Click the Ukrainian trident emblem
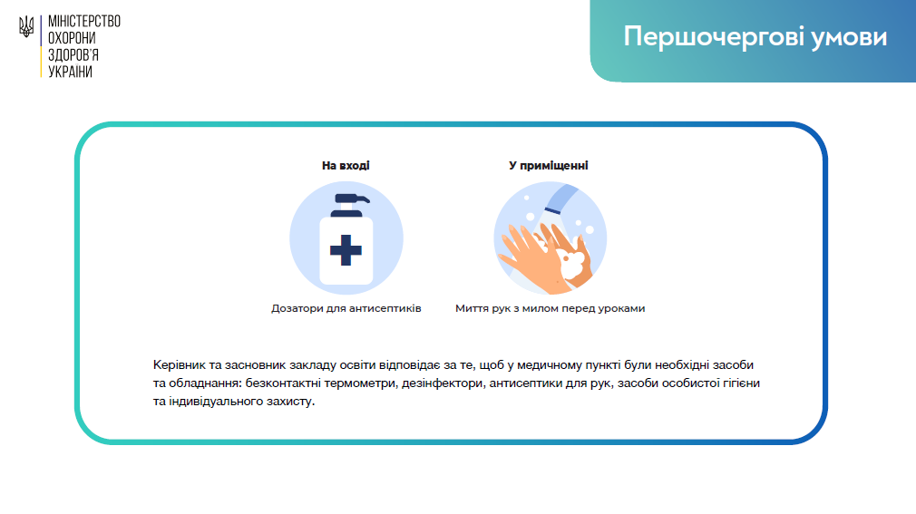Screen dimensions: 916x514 tap(26, 27)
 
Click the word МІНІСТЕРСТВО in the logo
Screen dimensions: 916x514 tap(84, 22)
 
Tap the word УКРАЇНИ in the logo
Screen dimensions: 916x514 tap(70, 72)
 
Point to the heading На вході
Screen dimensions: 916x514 tap(346, 166)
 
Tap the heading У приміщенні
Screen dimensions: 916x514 tap(549, 166)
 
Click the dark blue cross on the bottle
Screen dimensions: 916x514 tap(346, 250)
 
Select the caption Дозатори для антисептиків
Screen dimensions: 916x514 tap(346, 308)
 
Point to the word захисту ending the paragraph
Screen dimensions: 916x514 tap(290, 402)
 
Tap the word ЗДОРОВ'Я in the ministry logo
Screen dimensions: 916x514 tap(73, 55)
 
